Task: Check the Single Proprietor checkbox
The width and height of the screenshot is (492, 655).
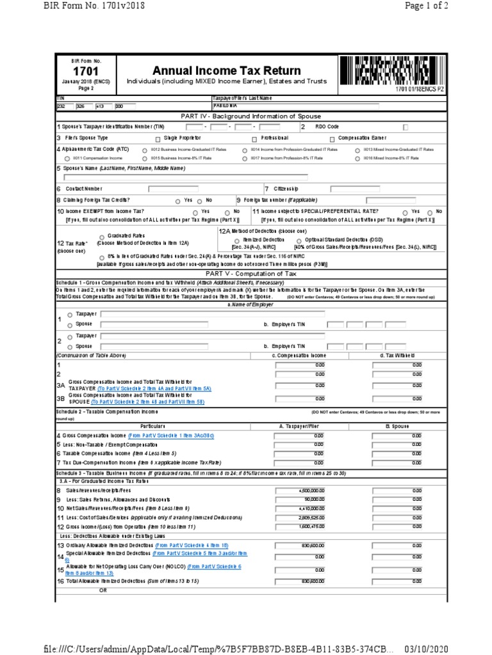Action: point(158,139)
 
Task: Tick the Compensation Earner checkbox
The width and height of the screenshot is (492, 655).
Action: point(332,139)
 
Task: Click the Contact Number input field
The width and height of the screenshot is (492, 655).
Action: point(173,189)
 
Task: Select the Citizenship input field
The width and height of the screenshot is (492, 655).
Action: point(354,189)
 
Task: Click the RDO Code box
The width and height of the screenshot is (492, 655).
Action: point(406,127)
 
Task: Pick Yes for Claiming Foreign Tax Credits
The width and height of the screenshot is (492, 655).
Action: point(177,201)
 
